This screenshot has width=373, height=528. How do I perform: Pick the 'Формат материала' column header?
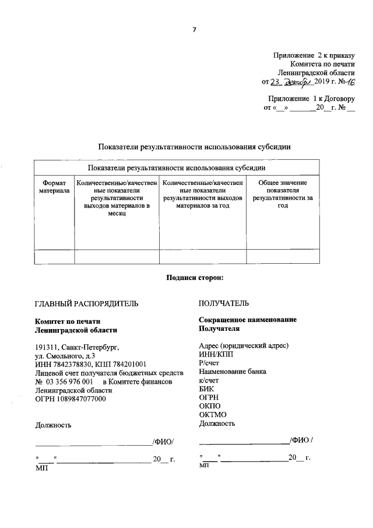click(54, 187)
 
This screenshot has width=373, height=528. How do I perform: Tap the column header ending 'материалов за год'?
click(203, 194)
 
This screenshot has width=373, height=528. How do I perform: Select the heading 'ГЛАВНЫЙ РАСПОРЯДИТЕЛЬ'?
click(87, 303)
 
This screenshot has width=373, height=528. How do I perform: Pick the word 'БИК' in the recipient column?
click(206, 389)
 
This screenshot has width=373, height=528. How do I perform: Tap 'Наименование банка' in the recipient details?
click(233, 371)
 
